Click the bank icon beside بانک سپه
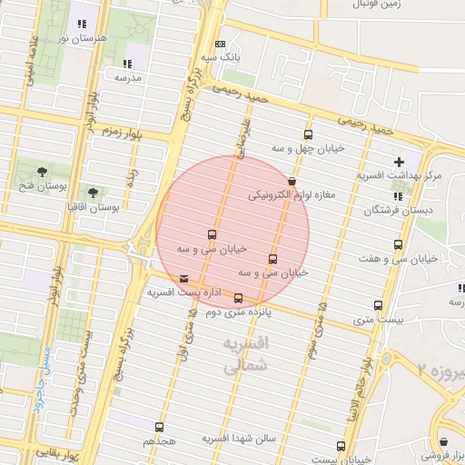click(x=220, y=44)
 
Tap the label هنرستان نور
click(x=76, y=37)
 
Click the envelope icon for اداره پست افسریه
click(x=185, y=279)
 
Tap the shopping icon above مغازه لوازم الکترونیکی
click(x=292, y=181)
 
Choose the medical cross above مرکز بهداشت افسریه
click(x=399, y=162)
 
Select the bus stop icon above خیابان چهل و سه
click(x=309, y=134)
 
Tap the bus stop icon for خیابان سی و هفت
click(x=399, y=245)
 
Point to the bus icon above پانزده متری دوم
click(x=239, y=298)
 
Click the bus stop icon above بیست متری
click(x=379, y=305)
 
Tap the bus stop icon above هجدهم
click(x=160, y=427)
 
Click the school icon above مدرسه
click(x=127, y=64)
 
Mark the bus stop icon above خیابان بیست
click(x=341, y=446)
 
